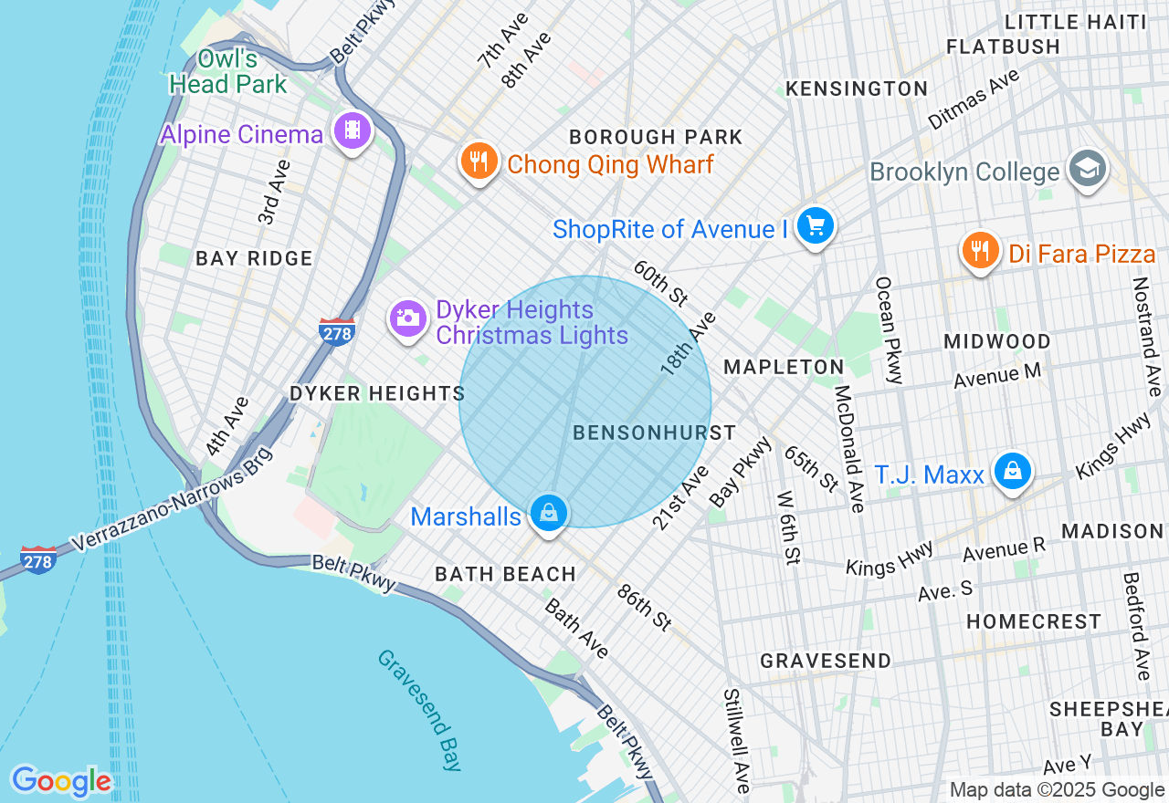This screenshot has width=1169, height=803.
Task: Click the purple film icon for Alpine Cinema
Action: (353, 130)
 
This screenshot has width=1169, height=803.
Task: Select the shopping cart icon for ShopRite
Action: (815, 224)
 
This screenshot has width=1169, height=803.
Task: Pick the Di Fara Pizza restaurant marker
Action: (979, 249)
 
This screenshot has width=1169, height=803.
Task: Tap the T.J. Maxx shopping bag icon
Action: (1013, 471)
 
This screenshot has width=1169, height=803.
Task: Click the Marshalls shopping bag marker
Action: (548, 513)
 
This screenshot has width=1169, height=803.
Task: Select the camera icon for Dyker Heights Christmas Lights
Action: (406, 318)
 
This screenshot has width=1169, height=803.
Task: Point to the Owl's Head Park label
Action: (228, 72)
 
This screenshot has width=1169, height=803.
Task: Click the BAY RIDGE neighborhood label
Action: (254, 259)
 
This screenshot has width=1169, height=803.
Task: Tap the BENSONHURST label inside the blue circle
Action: (654, 433)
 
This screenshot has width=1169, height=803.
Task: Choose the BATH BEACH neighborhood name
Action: (505, 575)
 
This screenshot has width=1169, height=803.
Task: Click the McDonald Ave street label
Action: (848, 448)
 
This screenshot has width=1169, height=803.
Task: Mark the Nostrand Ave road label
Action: (1147, 336)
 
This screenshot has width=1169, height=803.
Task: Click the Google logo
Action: (61, 782)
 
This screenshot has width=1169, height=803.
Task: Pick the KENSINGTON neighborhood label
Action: (857, 89)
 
